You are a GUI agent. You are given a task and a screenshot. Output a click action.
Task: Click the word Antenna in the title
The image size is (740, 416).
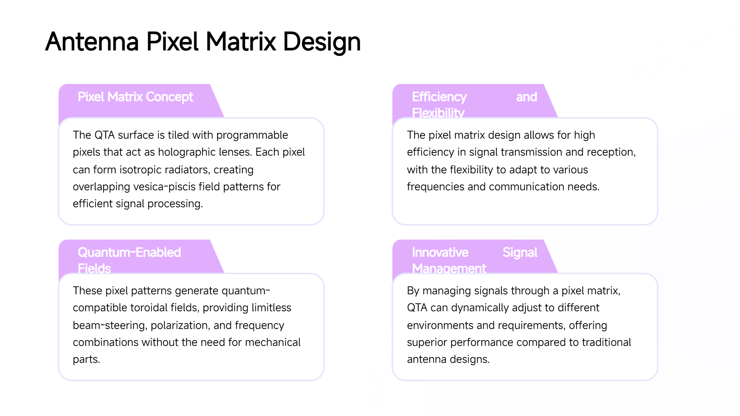[x=92, y=42]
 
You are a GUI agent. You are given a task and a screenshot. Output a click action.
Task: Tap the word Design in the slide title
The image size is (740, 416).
[x=322, y=42]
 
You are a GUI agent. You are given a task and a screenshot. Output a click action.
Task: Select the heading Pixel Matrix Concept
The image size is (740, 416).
[x=135, y=97]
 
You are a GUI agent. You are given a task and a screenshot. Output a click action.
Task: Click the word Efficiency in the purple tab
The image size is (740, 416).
[x=439, y=97]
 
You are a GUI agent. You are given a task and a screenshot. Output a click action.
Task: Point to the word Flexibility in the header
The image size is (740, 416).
[x=438, y=113]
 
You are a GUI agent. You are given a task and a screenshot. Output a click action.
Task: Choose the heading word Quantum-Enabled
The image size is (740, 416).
[x=129, y=252]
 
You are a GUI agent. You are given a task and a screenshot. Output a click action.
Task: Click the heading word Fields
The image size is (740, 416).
[x=94, y=268]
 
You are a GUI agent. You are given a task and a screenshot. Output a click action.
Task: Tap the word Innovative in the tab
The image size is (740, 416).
[x=440, y=252]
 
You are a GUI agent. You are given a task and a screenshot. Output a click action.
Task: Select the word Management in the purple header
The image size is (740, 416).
[x=449, y=268]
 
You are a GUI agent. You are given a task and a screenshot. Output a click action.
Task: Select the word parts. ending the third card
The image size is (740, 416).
[x=86, y=359]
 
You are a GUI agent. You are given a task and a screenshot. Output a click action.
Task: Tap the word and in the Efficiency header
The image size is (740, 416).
[x=526, y=97]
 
